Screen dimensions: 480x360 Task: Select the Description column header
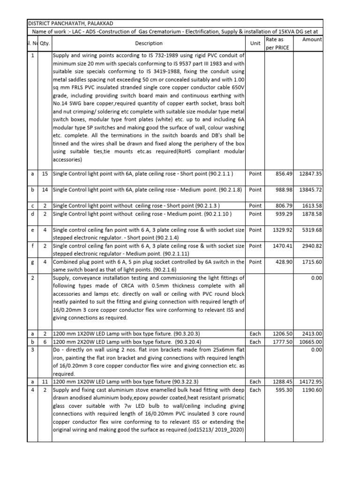149,43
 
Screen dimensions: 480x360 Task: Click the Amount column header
312,40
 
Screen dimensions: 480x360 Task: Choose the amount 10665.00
309,342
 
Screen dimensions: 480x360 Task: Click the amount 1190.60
311,390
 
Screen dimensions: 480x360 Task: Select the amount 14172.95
309,382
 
